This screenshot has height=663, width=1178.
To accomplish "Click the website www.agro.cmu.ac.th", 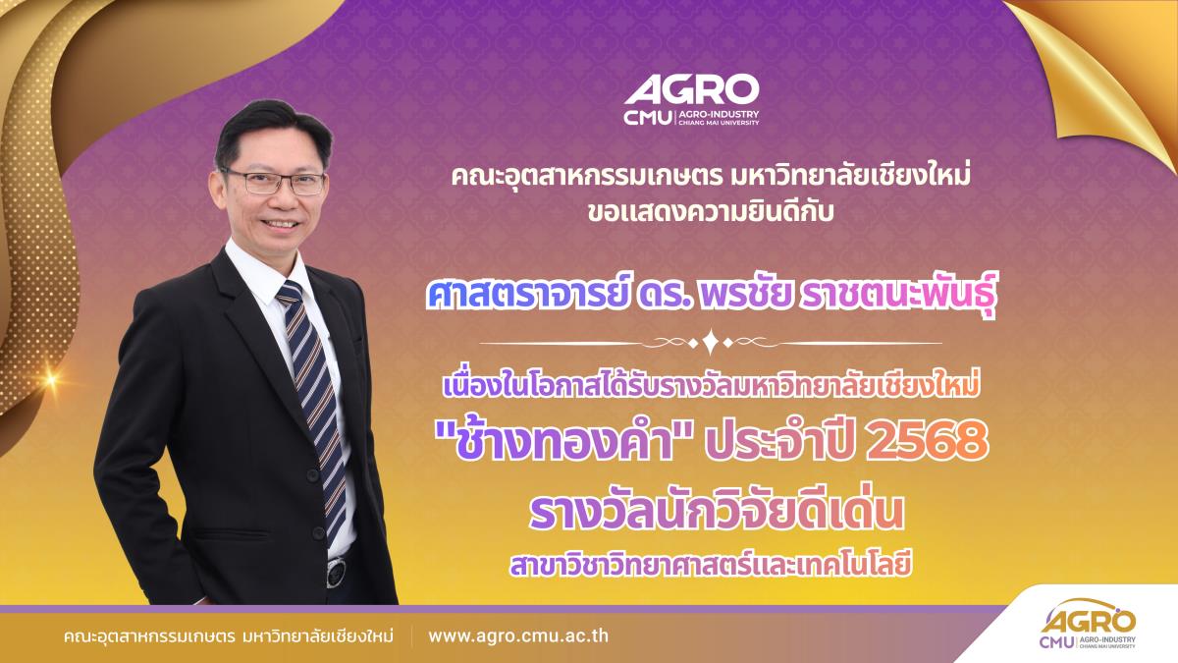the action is pos(518,635).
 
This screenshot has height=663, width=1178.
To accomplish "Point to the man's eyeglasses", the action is pos(274,182).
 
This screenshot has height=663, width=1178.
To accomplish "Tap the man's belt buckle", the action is pos(336,572).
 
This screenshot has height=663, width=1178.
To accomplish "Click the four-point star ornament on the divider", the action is pos(711,343).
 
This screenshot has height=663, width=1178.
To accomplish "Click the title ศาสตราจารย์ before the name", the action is pos(527,298).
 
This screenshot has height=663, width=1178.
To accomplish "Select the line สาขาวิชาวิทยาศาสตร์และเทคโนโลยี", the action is pos(711,565).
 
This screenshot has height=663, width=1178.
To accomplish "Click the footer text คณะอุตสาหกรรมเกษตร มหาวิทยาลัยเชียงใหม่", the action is pos(228,635).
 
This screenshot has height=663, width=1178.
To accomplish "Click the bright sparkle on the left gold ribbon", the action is pos(51,378).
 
